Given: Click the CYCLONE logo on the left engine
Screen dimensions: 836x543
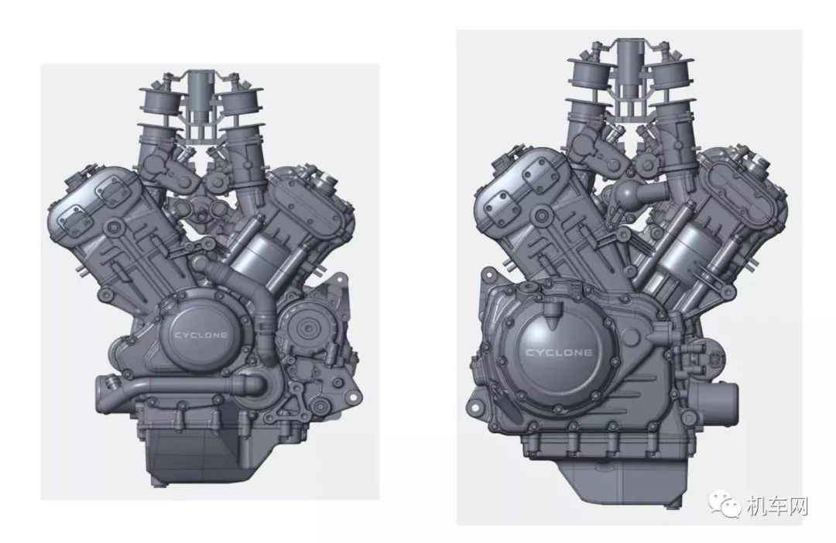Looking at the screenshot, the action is point(200,335).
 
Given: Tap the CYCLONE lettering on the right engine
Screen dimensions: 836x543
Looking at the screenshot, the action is point(559,352).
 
